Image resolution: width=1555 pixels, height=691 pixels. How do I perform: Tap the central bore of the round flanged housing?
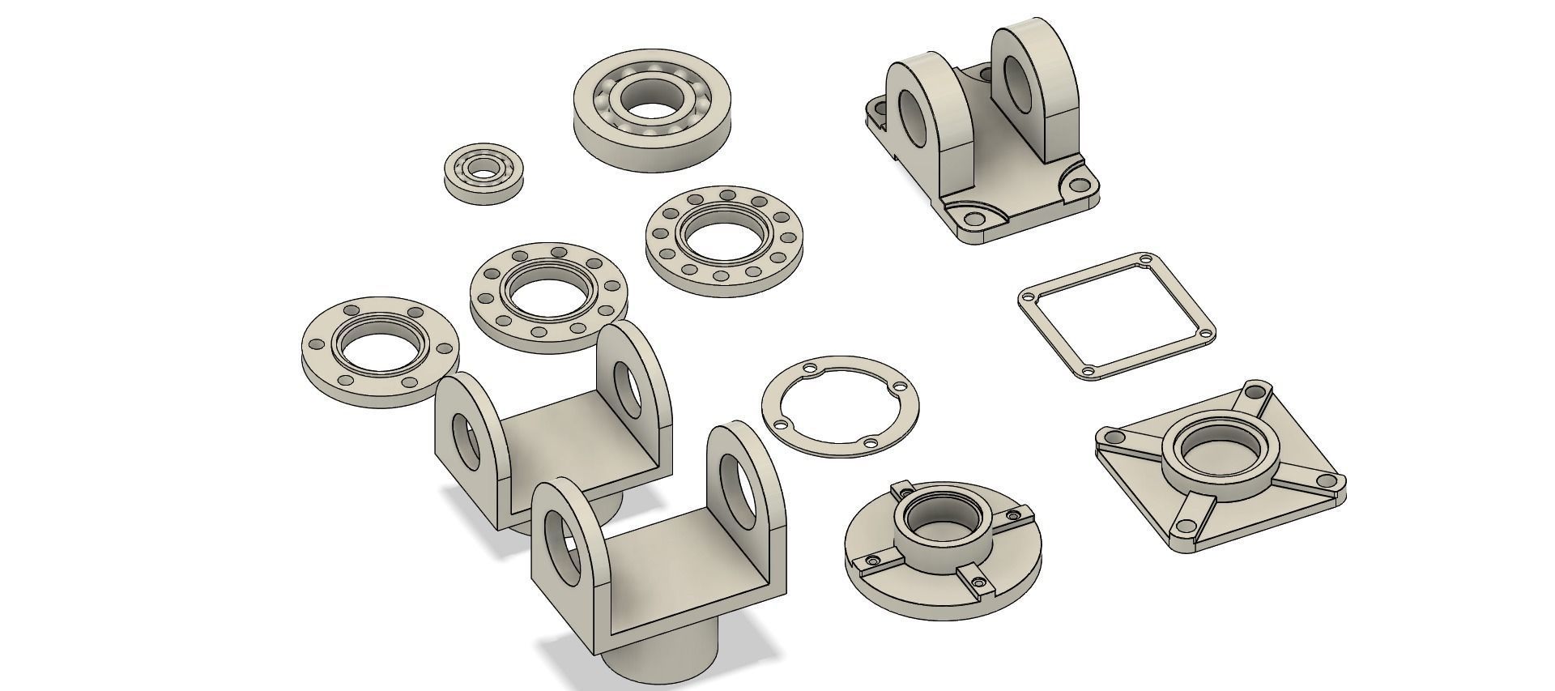(x=939, y=518)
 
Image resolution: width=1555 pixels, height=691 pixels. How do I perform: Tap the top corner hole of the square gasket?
(x=1144, y=261)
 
